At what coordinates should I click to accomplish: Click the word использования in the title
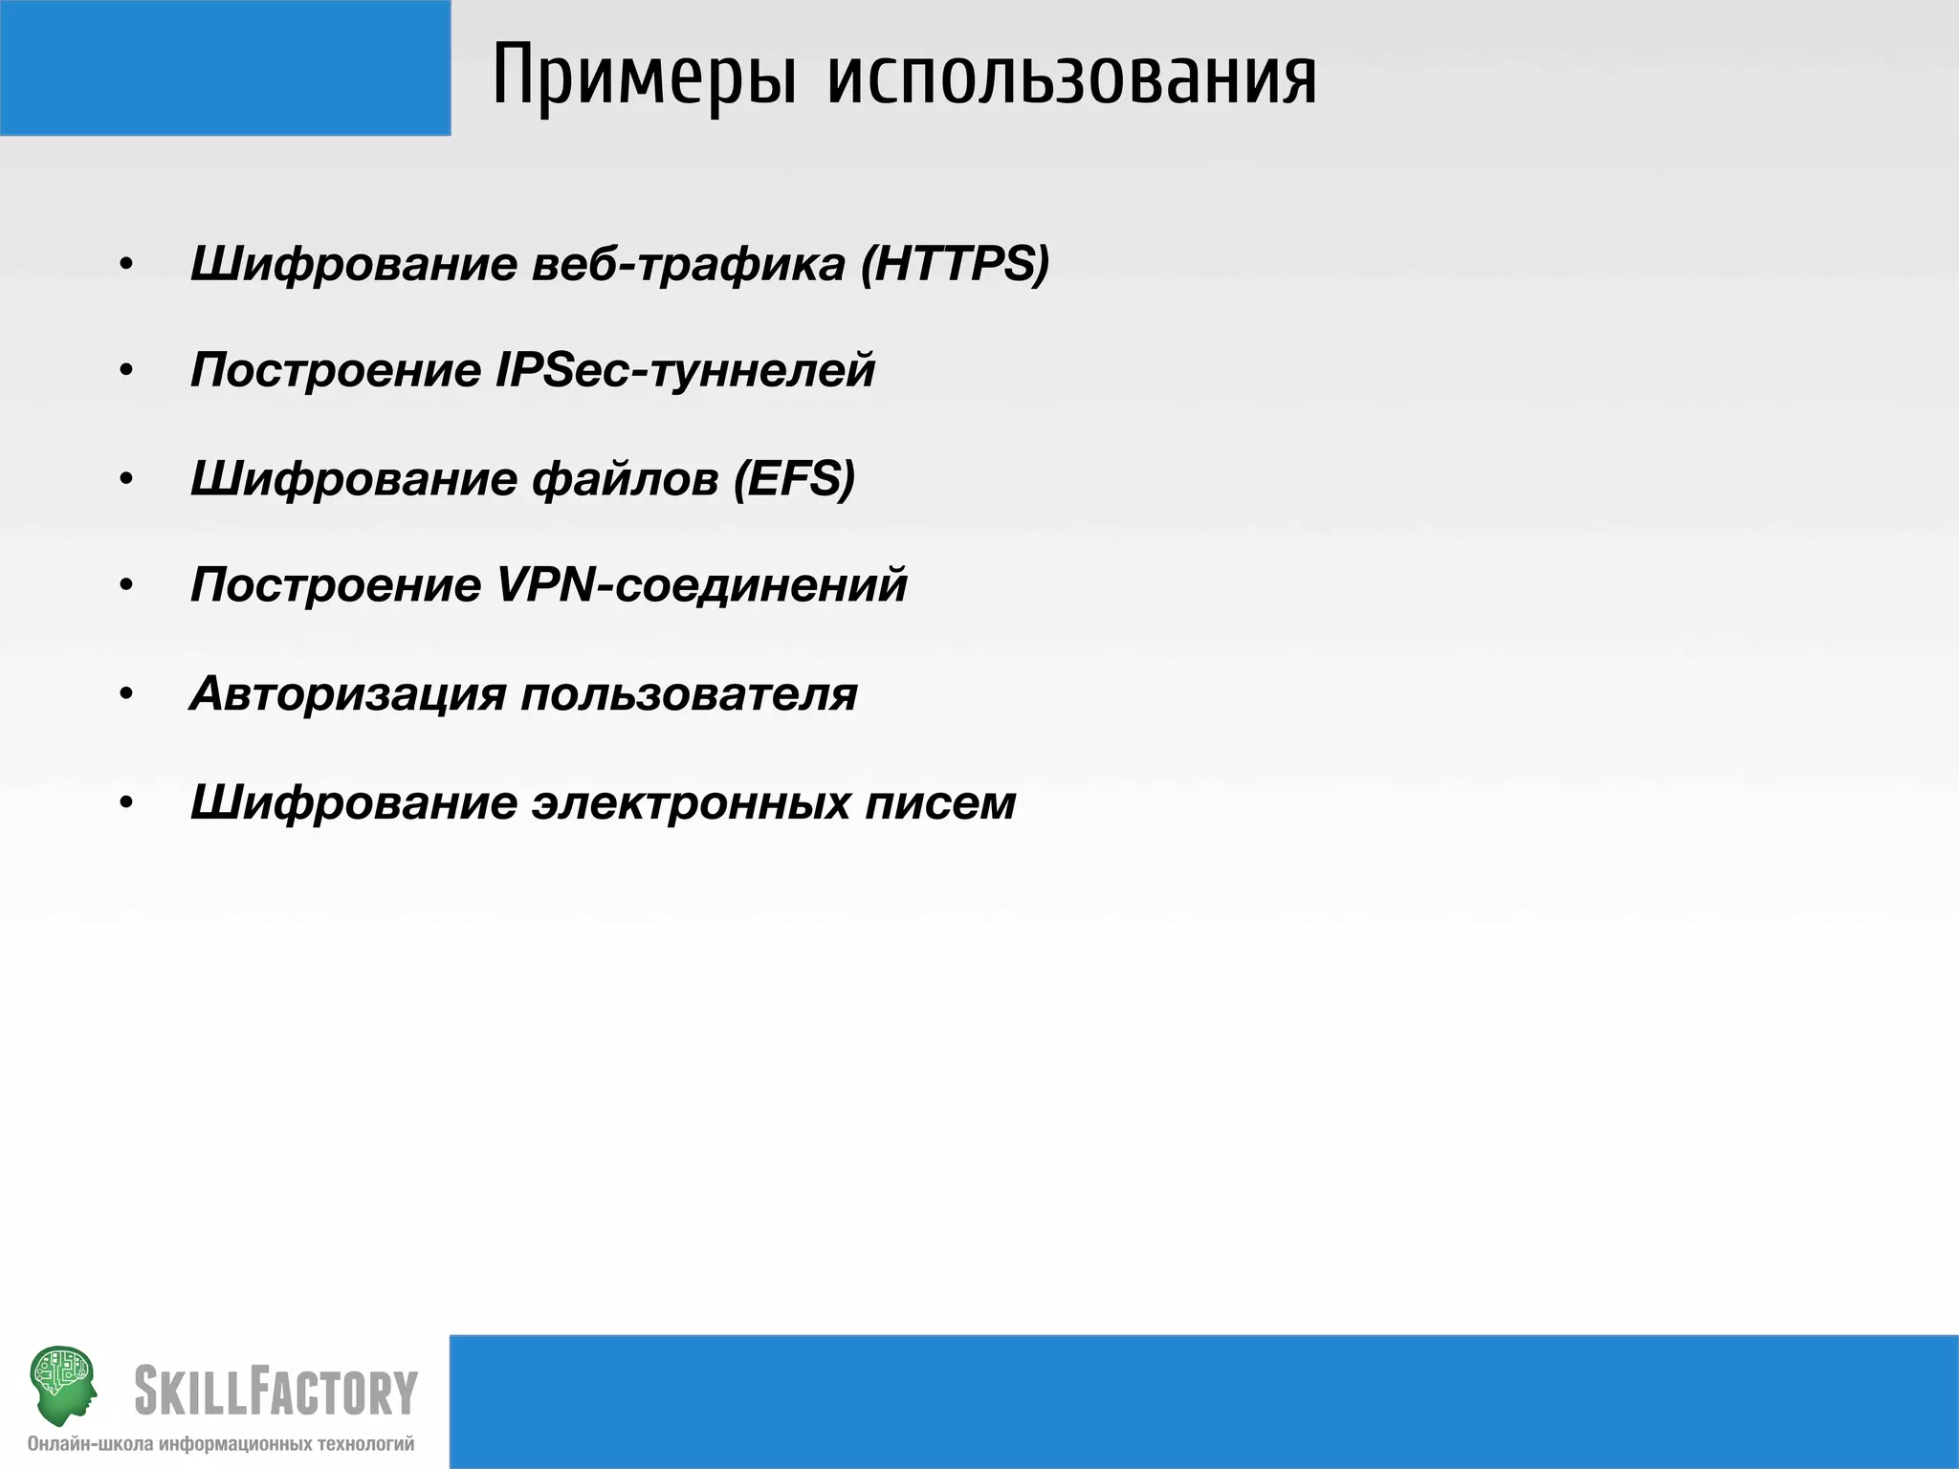point(1071,77)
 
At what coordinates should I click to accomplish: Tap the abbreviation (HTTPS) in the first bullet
point(955,263)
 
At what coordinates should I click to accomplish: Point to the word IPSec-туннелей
point(685,370)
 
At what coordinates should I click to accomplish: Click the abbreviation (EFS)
point(794,478)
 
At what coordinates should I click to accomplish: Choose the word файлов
point(625,478)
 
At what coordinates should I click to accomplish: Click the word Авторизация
point(347,693)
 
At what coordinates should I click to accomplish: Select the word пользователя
point(689,693)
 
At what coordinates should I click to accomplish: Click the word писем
point(940,801)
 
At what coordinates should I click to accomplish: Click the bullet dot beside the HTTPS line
point(125,265)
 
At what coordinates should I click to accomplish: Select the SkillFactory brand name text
point(276,1392)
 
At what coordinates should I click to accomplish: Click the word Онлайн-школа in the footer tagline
point(91,1444)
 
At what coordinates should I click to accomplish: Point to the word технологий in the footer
point(366,1444)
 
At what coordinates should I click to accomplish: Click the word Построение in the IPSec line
point(335,370)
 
